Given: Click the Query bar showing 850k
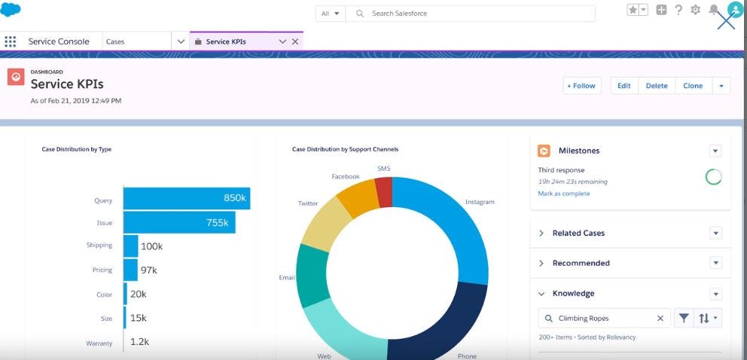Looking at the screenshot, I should (x=186, y=199).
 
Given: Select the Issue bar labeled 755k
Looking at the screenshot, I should (x=179, y=223).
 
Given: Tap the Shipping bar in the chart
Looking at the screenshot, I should (x=131, y=246).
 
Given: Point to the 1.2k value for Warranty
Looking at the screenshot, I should (x=140, y=342).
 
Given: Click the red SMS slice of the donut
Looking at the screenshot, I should (x=384, y=192).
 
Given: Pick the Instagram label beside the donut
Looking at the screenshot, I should (x=480, y=202).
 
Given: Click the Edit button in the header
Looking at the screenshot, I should (x=624, y=86).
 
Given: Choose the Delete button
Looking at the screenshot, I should (x=657, y=86).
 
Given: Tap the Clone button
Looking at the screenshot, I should (x=693, y=86).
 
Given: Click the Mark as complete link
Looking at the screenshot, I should (x=564, y=194).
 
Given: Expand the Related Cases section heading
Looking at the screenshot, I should (x=578, y=233).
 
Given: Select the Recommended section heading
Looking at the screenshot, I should (x=581, y=264).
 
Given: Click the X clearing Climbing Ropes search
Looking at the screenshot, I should (x=660, y=319).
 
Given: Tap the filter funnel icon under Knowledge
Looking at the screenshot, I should (x=683, y=319).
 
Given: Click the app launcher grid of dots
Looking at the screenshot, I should (x=11, y=41).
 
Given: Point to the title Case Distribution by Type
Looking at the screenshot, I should (x=77, y=149).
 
